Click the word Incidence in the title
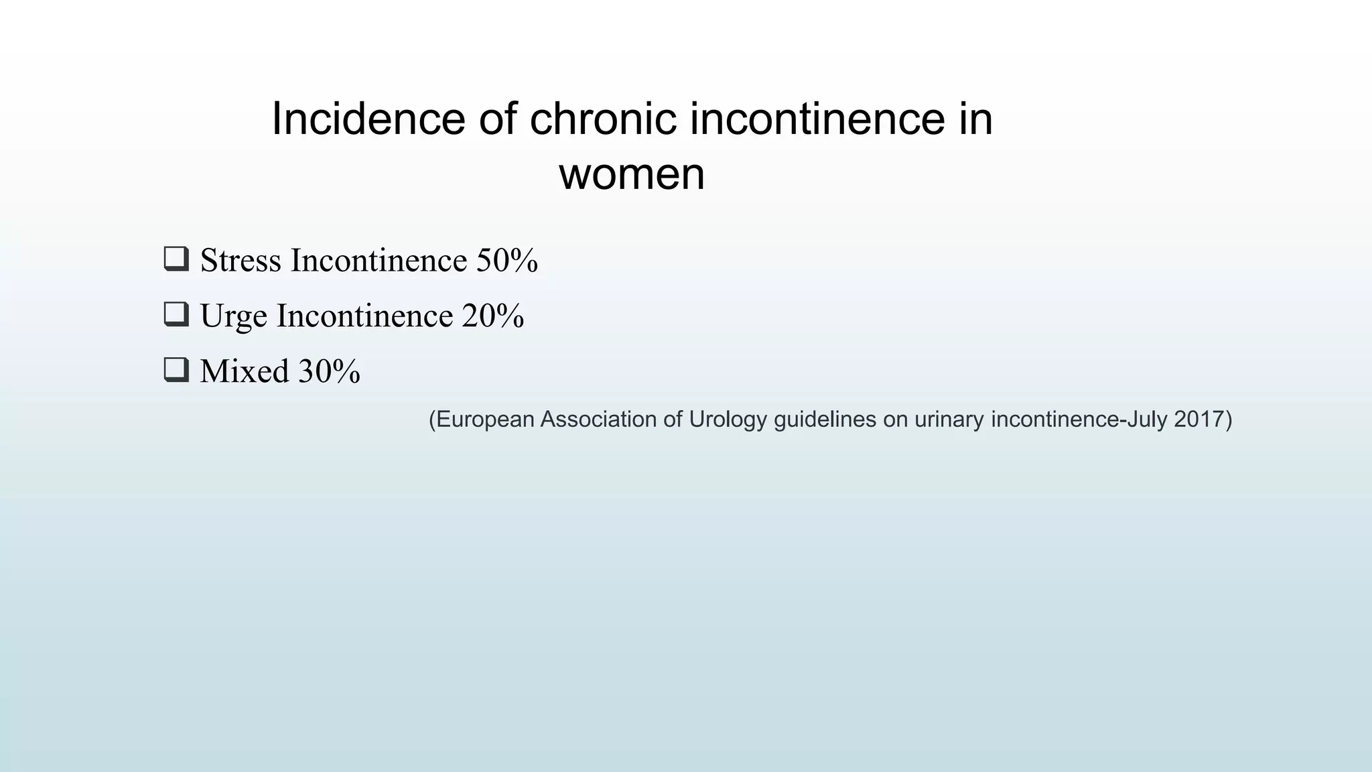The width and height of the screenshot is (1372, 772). pos(368,119)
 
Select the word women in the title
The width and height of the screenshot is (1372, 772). pos(632,174)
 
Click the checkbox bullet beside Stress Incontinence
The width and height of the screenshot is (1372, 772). pos(176,259)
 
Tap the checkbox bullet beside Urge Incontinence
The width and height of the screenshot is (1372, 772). pos(176,314)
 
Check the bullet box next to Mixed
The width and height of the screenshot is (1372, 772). pos(176,370)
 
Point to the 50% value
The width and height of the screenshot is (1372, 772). pos(507,260)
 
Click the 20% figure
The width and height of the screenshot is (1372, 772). pos(493,316)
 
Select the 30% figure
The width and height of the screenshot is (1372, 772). pos(329,371)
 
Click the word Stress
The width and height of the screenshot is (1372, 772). pos(241,260)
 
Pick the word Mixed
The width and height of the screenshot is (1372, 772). pos(244,371)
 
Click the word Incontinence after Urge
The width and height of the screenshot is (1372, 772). pos(365,316)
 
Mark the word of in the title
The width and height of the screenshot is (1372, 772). pos(497,119)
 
